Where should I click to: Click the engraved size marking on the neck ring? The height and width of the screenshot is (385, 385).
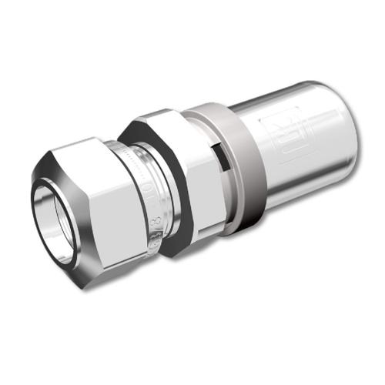click(x=146, y=192)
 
